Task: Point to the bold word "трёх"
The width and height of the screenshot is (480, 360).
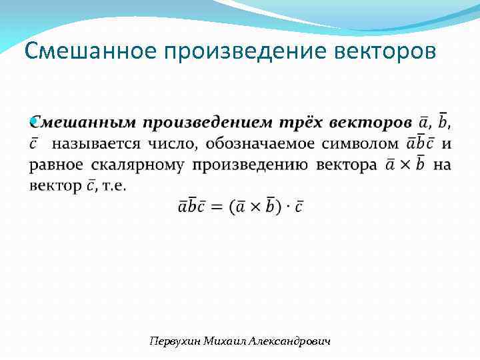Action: point(301,123)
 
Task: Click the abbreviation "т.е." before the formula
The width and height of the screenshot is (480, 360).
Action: point(113,186)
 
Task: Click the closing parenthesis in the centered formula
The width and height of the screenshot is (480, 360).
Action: point(278,207)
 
